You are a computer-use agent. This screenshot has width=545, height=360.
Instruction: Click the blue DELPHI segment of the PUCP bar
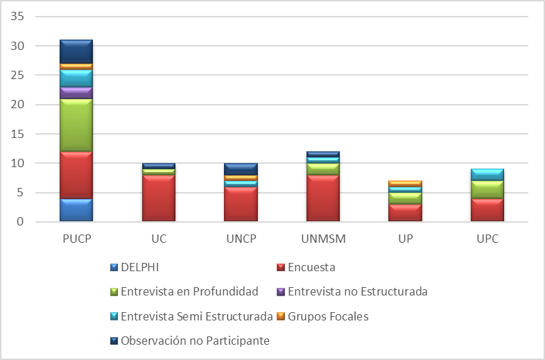(76, 210)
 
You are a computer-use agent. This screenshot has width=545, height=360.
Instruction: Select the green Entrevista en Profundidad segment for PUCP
(76, 125)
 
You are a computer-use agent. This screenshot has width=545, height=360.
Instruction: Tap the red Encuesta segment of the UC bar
(158, 198)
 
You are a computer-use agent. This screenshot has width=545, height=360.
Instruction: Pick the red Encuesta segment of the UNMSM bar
(323, 198)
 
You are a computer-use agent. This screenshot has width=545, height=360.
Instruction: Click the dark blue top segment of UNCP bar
(241, 169)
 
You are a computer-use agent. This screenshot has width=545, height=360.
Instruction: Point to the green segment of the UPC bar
(488, 189)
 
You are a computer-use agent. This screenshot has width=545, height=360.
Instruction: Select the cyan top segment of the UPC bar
(488, 174)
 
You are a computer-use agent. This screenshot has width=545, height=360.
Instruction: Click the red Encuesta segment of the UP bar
(406, 213)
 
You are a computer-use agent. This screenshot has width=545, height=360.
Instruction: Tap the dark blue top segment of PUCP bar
(76, 51)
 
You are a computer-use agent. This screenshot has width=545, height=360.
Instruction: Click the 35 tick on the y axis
(18, 16)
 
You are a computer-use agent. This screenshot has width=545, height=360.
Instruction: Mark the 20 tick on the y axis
(18, 104)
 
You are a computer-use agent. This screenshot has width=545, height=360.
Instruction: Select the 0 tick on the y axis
(21, 222)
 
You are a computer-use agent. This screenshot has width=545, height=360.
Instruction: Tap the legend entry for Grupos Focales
(327, 316)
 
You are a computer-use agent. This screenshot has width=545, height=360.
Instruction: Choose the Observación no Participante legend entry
(194, 341)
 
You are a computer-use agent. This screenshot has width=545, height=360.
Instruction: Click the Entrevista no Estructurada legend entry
(357, 291)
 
